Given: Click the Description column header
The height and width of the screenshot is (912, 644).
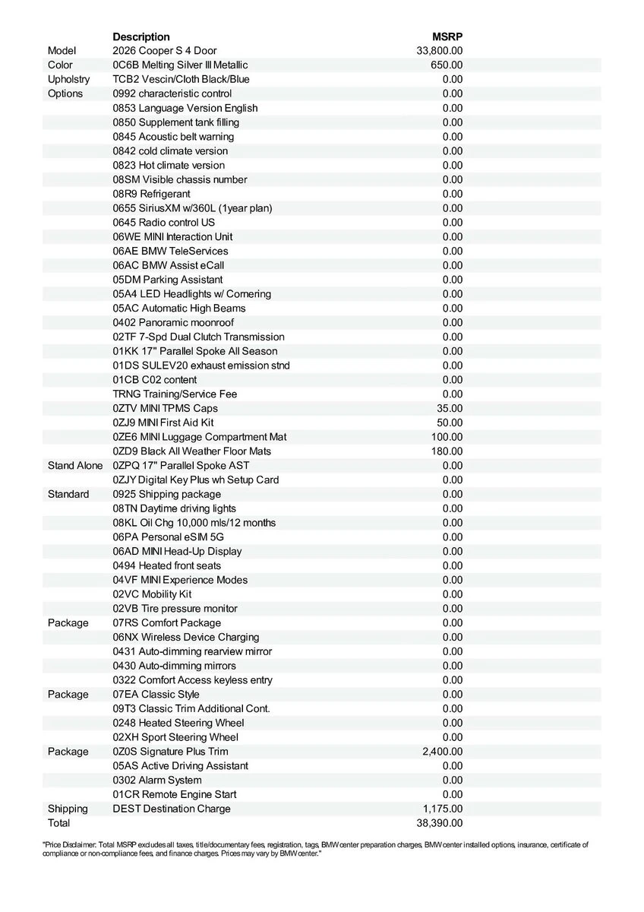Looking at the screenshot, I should pyautogui.click(x=141, y=36).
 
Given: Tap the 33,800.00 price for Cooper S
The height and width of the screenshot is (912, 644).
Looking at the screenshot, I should pyautogui.click(x=440, y=51).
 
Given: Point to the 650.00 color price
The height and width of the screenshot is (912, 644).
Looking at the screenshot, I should pyautogui.click(x=447, y=65).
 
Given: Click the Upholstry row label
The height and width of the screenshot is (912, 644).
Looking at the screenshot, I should pyautogui.click(x=68, y=79).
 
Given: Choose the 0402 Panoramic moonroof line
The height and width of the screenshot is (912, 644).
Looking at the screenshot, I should pyautogui.click(x=173, y=322).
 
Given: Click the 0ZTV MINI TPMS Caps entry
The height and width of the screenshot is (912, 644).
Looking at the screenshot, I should pyautogui.click(x=166, y=408).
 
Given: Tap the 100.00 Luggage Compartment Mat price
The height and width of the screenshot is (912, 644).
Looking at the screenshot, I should pyautogui.click(x=447, y=437).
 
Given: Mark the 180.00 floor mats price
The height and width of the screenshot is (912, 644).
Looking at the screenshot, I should pyautogui.click(x=447, y=451).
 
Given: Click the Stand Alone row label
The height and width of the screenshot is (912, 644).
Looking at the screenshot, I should pyautogui.click(x=75, y=465).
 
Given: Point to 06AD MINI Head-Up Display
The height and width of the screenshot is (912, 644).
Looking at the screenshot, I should pyautogui.click(x=178, y=551).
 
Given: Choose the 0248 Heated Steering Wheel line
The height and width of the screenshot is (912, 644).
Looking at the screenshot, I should pyautogui.click(x=178, y=723).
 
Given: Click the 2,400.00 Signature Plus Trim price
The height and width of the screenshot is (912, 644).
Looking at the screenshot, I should pyautogui.click(x=442, y=752).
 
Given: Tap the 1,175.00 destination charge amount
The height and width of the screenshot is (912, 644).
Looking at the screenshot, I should pyautogui.click(x=442, y=809).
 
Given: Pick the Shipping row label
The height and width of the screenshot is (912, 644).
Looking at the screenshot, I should pyautogui.click(x=68, y=809).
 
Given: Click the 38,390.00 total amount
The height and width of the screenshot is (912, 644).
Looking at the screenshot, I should pyautogui.click(x=440, y=823).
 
